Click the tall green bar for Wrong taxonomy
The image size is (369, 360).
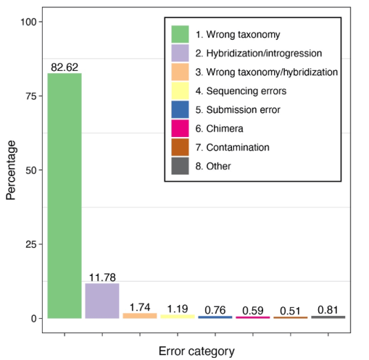[65, 196]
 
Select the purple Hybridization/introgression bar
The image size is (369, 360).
[102, 301]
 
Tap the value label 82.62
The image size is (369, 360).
[65, 67]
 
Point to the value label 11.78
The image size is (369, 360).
[102, 277]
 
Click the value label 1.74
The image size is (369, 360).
[140, 307]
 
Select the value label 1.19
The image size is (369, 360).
[178, 309]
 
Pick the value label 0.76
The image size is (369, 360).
[215, 310]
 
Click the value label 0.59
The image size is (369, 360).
[253, 311]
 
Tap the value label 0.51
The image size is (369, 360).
[290, 311]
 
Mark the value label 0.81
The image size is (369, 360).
[328, 310]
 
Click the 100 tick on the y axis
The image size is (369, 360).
[27, 22]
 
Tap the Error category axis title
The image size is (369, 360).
[196, 351]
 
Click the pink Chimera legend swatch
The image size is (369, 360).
[180, 128]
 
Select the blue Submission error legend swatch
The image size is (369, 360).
[180, 109]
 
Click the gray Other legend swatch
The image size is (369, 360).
[180, 166]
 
